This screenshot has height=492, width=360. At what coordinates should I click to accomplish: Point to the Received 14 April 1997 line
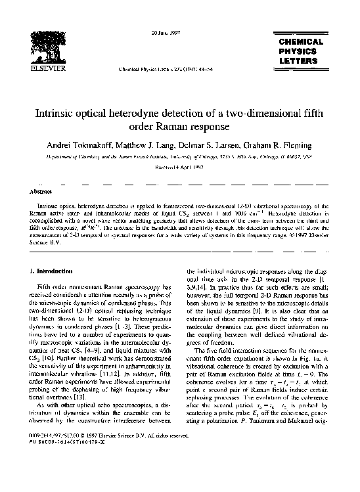(180, 168)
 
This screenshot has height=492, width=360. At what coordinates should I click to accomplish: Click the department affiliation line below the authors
(180, 158)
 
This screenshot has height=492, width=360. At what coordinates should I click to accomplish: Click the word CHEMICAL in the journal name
(301, 41)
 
